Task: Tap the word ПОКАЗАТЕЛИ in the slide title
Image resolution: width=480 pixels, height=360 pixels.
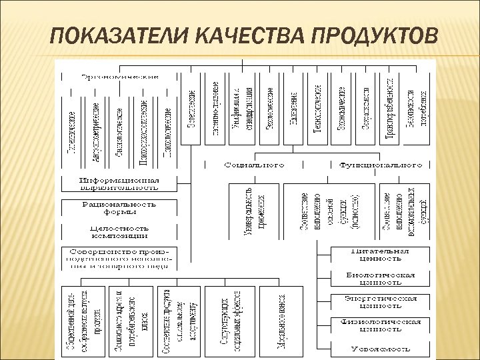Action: (x=111, y=33)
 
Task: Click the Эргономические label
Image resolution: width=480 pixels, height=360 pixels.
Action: (x=120, y=75)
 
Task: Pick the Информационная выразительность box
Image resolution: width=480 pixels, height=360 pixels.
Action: (x=120, y=184)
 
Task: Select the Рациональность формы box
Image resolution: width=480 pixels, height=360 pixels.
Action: (x=120, y=207)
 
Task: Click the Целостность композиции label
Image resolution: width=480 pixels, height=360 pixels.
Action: (x=120, y=231)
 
